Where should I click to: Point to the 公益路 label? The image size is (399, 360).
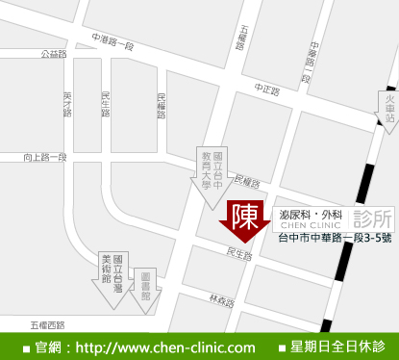[54, 54]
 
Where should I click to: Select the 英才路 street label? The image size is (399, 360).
[67, 104]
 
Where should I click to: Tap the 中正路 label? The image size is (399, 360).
[266, 90]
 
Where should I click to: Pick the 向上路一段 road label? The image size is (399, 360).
[45, 156]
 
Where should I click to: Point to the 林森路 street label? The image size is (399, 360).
[223, 301]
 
